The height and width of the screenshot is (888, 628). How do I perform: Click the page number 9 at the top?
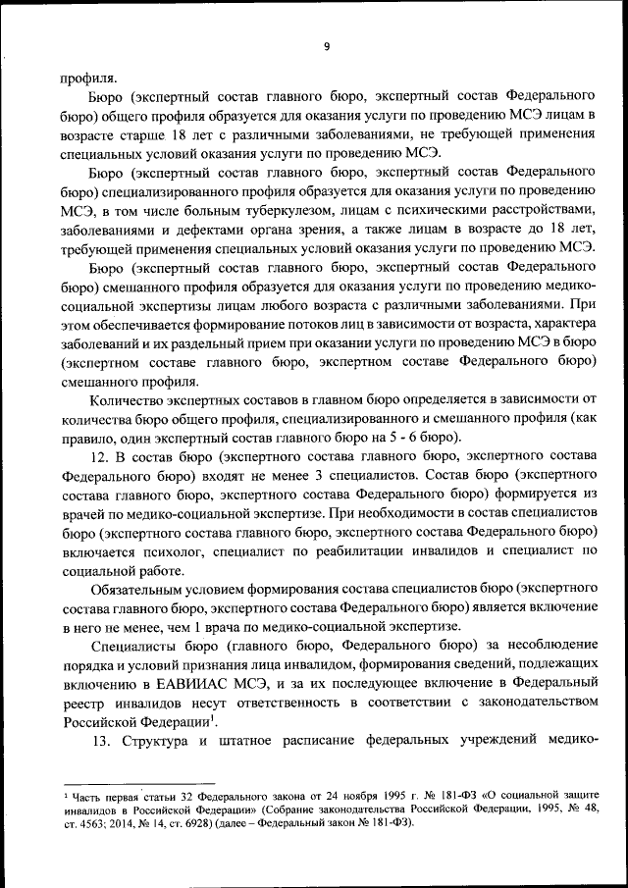[327, 43]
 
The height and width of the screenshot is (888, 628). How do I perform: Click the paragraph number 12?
[98, 457]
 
